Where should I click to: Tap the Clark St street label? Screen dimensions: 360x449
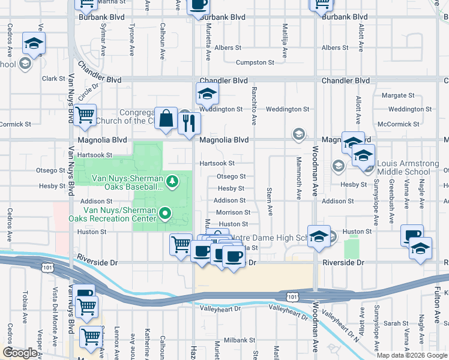pos(53,79)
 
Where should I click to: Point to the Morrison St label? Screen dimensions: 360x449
pos(233,212)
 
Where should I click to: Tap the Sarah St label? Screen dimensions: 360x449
pos(396,323)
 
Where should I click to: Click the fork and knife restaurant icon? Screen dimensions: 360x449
pos(189,123)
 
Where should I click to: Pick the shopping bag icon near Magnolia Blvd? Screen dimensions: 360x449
pos(166,119)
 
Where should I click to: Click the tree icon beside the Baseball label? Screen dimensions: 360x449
pos(172,181)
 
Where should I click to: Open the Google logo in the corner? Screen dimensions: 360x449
pos(20,353)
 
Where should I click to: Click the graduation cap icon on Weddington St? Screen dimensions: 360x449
pos(207,94)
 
